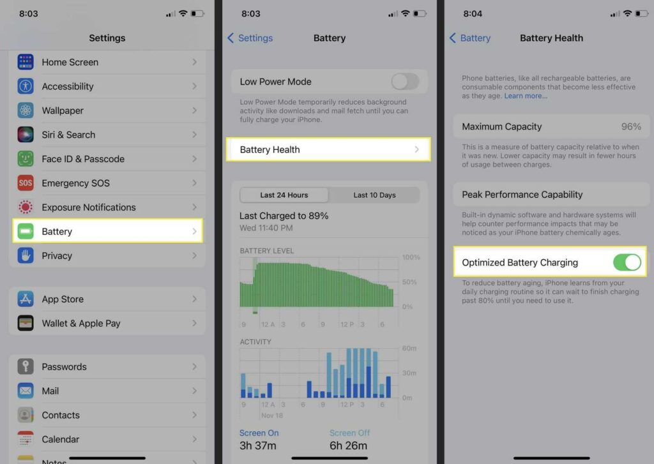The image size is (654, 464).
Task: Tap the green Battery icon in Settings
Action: click(x=26, y=231)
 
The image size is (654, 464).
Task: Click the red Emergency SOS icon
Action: click(x=26, y=183)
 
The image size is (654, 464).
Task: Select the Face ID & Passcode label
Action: click(x=83, y=159)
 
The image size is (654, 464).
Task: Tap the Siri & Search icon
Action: click(x=26, y=135)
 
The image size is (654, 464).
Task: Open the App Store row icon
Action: click(x=26, y=299)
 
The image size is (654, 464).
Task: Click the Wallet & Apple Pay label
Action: click(x=81, y=323)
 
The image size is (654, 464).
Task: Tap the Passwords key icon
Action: click(x=26, y=366)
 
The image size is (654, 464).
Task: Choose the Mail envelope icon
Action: click(x=26, y=391)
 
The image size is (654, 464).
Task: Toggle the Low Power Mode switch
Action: click(x=405, y=82)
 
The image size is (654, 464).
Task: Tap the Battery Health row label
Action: click(x=270, y=149)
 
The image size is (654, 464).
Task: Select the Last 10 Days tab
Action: click(x=374, y=195)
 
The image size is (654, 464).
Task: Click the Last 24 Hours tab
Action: click(x=284, y=195)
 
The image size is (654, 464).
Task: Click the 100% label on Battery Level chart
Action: click(x=411, y=257)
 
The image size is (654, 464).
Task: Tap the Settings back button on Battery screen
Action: click(x=250, y=38)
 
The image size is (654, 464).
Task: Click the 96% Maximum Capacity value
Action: click(x=631, y=126)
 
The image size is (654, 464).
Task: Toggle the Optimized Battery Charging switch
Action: click(x=627, y=262)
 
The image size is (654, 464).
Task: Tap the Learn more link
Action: click(x=526, y=96)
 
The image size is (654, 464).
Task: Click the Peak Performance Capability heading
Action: click(x=522, y=195)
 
